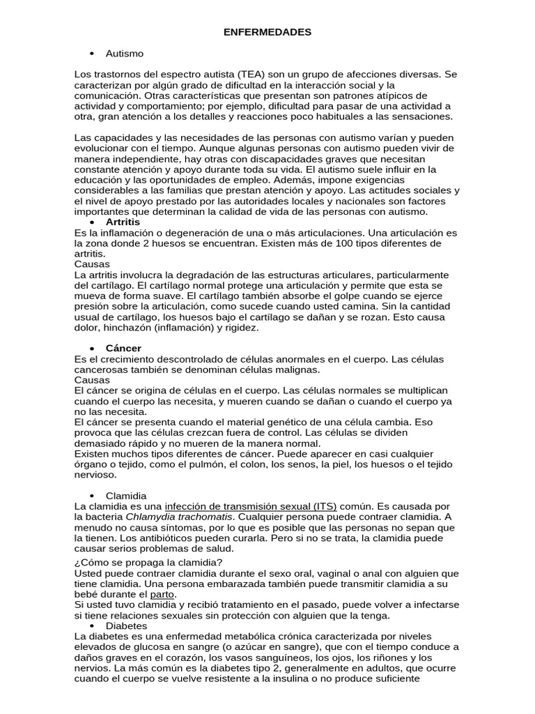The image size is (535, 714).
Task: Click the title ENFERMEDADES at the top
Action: click(x=267, y=32)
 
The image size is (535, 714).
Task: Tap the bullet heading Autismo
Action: click(x=125, y=53)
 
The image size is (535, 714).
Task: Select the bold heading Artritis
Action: click(x=123, y=222)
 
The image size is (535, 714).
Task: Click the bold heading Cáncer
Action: click(x=123, y=347)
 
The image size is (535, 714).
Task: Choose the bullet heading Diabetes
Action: click(x=127, y=626)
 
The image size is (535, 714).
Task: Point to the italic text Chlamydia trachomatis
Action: click(x=178, y=517)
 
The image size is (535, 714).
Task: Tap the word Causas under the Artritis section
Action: click(x=91, y=264)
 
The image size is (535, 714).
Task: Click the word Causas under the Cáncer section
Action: click(x=91, y=380)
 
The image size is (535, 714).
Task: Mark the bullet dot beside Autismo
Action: click(x=92, y=54)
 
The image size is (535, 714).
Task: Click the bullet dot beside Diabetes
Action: click(x=92, y=626)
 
